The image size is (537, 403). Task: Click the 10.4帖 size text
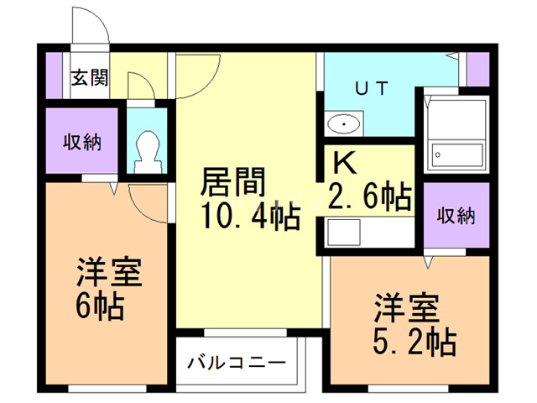coord(249,217)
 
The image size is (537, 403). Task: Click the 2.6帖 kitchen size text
coord(370,197)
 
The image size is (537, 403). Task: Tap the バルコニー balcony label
coord(236,364)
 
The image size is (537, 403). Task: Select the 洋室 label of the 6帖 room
coord(109,275)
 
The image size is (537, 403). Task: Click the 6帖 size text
coord(99,308)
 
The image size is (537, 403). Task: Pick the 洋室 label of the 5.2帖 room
coord(406,307)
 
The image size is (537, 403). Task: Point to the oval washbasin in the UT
coord(344,125)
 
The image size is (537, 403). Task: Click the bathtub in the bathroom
coord(457,154)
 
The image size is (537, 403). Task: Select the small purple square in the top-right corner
coord(478,69)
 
